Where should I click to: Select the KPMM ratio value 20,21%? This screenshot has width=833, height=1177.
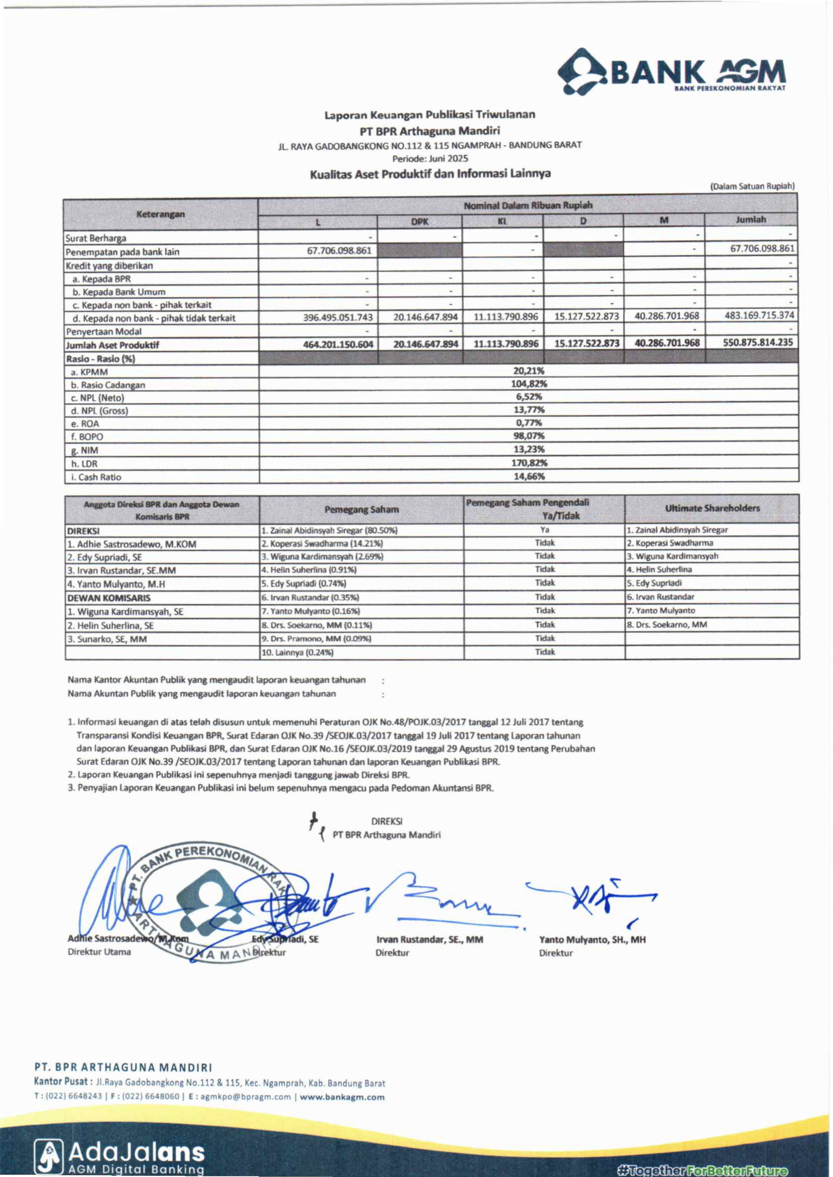tap(528, 371)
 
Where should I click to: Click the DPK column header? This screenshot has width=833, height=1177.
tap(419, 222)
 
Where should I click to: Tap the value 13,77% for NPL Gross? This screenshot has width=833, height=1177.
tap(529, 409)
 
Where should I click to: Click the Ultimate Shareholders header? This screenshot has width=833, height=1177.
tap(712, 508)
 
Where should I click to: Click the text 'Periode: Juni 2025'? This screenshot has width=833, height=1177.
tap(430, 159)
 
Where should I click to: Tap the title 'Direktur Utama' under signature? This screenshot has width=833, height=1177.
tap(99, 952)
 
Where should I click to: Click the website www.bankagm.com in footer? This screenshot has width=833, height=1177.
tap(342, 1097)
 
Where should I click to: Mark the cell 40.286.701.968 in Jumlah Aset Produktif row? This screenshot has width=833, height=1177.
tap(666, 343)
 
